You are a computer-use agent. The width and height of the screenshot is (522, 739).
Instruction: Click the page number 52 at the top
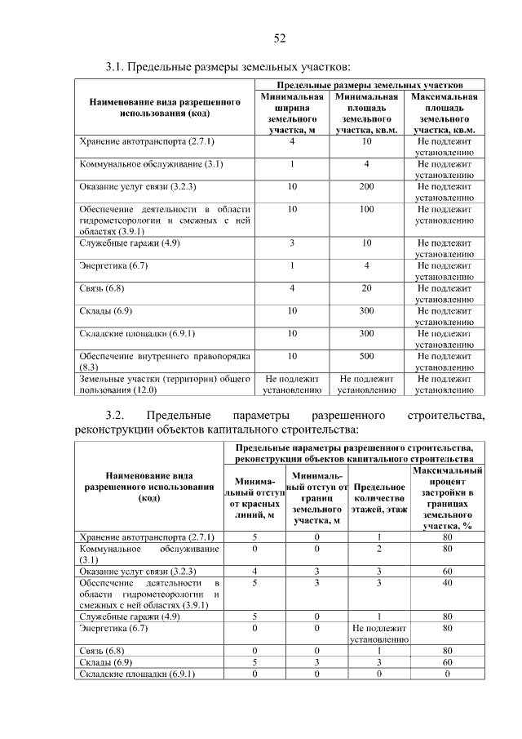(x=279, y=38)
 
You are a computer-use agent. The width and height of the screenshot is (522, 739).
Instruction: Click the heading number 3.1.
(x=116, y=65)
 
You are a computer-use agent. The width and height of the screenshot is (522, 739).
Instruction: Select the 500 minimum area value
(x=366, y=356)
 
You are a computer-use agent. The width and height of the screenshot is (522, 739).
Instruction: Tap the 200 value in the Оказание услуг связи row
(x=366, y=187)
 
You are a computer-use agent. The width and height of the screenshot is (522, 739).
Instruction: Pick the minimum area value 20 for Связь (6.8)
(x=366, y=288)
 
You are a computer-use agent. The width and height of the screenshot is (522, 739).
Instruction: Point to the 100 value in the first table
(x=366, y=209)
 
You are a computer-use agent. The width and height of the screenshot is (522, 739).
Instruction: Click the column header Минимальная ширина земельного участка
(x=292, y=113)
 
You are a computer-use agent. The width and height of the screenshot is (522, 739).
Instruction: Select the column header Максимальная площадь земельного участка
(x=445, y=113)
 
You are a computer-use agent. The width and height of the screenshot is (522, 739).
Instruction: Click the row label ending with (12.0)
(x=163, y=385)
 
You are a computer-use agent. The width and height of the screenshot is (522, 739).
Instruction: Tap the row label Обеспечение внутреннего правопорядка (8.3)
(x=163, y=362)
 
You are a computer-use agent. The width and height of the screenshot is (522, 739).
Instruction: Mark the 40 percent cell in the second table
(x=446, y=584)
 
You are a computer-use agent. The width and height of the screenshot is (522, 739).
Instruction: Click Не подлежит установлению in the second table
(x=379, y=634)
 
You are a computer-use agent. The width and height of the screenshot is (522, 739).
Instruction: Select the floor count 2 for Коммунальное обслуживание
(x=379, y=550)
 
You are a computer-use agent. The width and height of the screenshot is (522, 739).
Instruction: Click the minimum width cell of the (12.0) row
(x=292, y=385)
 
